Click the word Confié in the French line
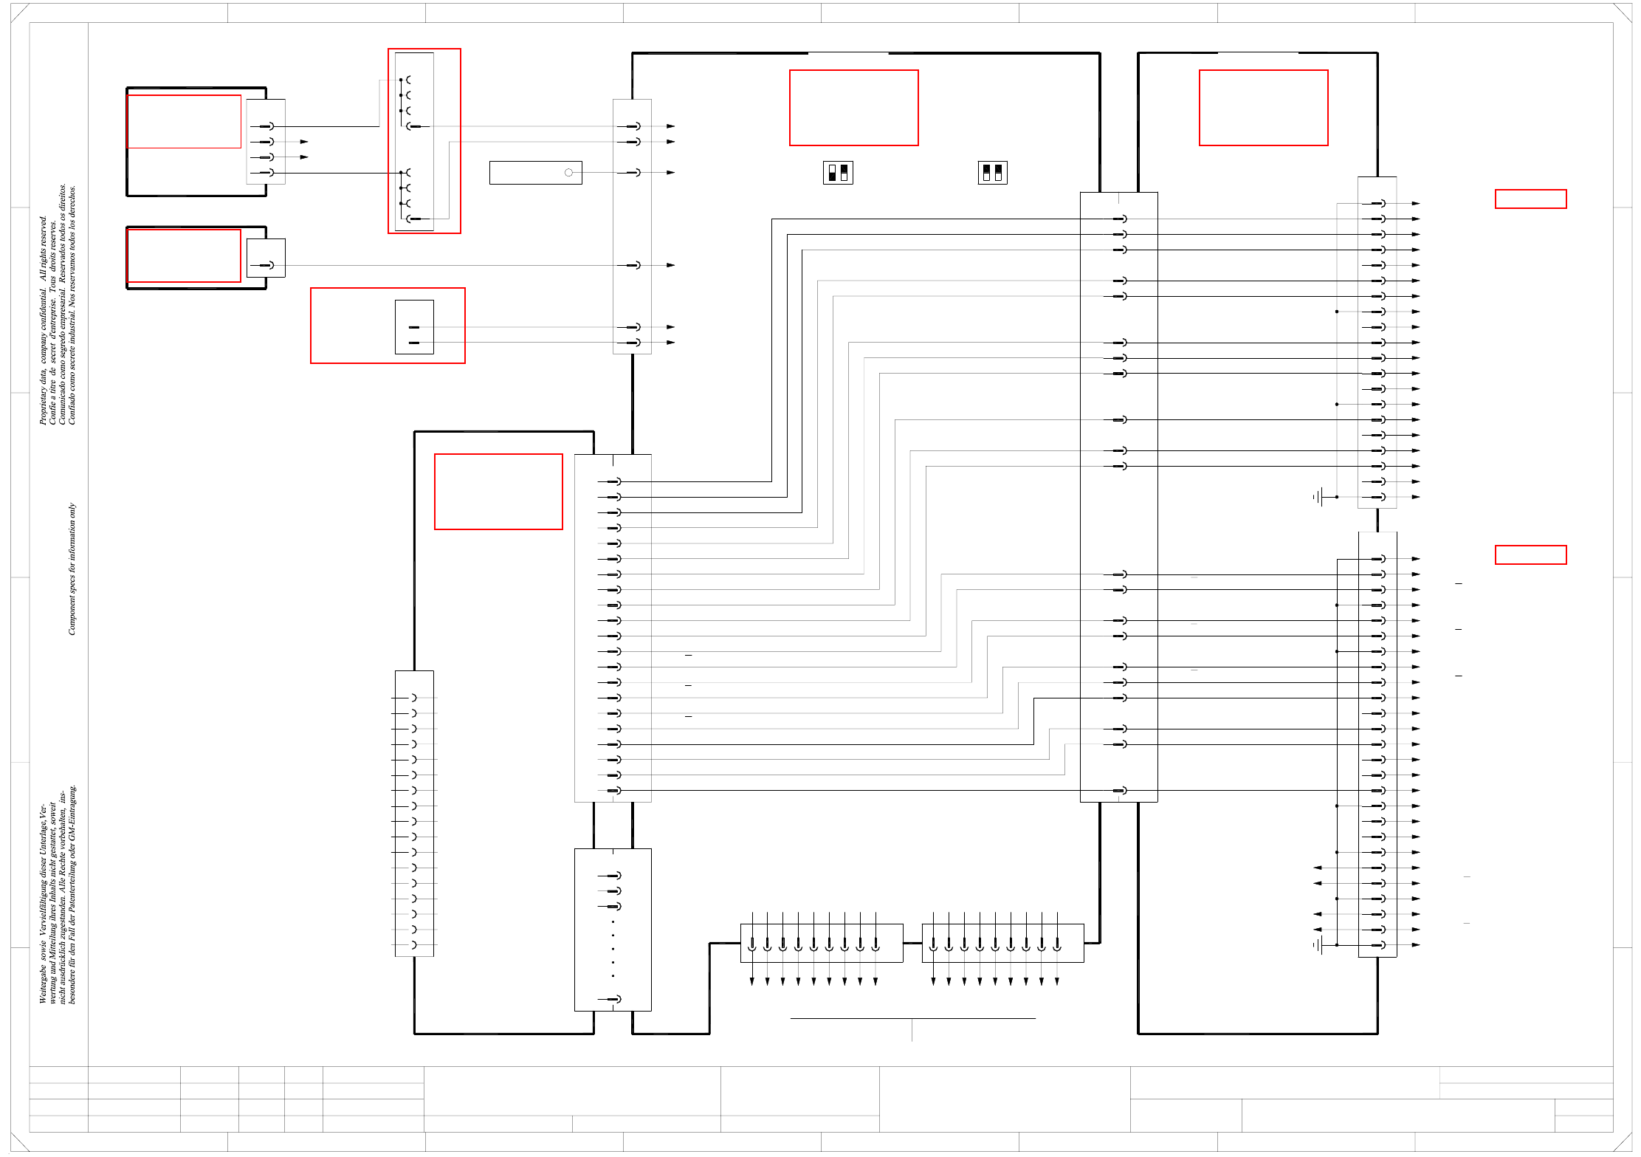52,412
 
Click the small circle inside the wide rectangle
568,173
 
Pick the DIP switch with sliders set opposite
838,173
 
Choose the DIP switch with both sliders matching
992,173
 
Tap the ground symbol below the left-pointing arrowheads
1318,945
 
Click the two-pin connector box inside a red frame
414,327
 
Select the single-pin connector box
266,258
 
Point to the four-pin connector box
266,142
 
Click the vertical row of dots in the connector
613,949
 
